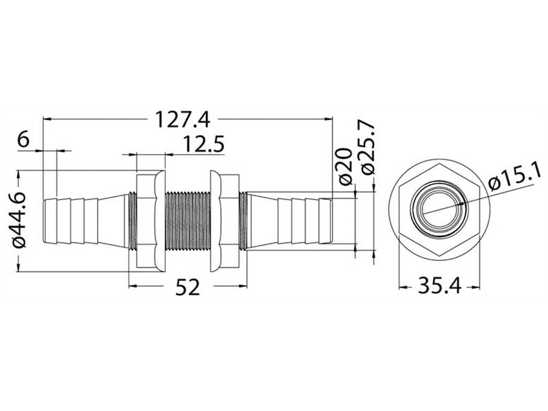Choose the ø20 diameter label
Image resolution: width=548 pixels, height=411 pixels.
coord(346,165)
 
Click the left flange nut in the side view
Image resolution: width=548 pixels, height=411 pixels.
coord(148,221)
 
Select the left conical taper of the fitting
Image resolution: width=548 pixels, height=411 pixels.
coord(113,221)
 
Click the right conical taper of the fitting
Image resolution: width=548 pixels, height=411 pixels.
coord(264,221)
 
